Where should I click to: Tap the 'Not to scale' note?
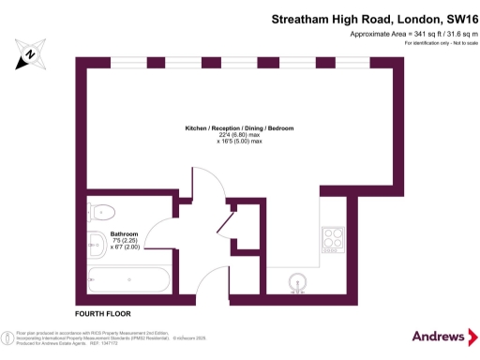click(x=449, y=44)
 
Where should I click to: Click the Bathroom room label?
click(x=124, y=233)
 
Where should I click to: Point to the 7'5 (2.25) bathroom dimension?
click(x=124, y=241)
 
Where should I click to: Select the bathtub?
click(x=127, y=279)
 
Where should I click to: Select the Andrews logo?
click(x=439, y=336)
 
